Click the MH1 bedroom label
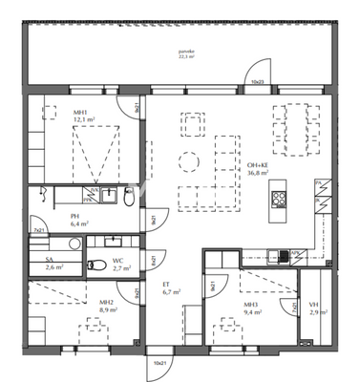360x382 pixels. point(79,115)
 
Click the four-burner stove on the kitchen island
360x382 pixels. point(281,199)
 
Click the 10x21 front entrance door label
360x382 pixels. point(156,363)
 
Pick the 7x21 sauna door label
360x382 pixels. point(38,231)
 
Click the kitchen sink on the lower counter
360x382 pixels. point(281,253)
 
